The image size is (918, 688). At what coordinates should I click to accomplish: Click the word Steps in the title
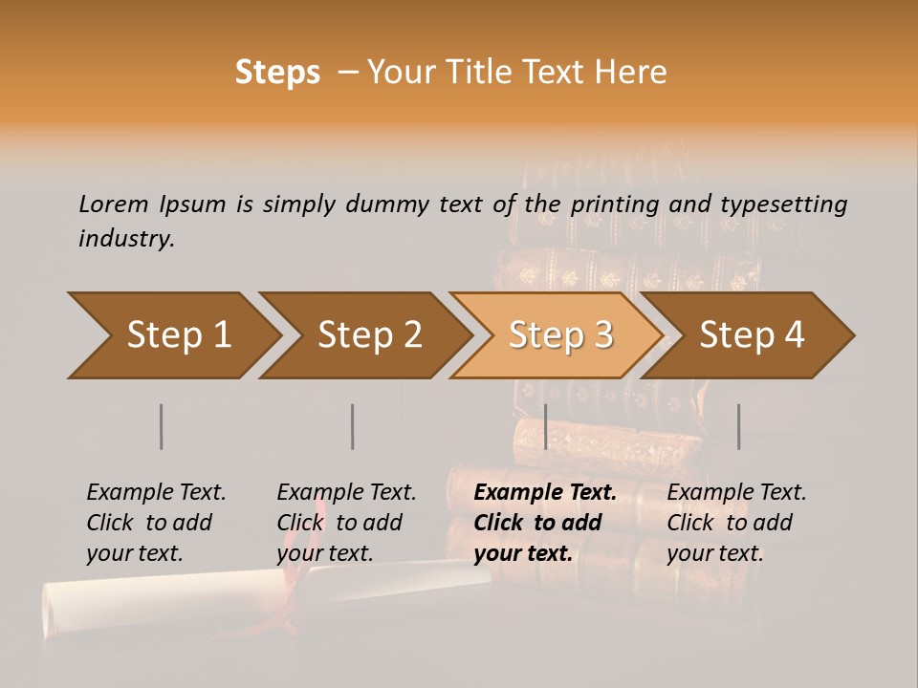(x=277, y=73)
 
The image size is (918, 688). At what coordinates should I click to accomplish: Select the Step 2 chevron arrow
(x=367, y=335)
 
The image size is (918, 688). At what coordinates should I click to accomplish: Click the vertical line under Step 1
(x=162, y=426)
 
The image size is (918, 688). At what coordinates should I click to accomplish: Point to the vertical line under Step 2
(x=353, y=426)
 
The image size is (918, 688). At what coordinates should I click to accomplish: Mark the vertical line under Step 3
(x=545, y=426)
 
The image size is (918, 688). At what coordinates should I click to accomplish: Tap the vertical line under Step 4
(x=738, y=426)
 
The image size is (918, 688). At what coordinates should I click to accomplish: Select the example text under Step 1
(x=156, y=523)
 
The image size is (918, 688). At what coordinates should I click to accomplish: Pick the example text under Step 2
(x=346, y=523)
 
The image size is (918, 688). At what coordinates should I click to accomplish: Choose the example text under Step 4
(x=736, y=523)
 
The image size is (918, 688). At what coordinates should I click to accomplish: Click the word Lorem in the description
(x=114, y=204)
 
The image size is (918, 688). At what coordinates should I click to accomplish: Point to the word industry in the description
(x=126, y=239)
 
